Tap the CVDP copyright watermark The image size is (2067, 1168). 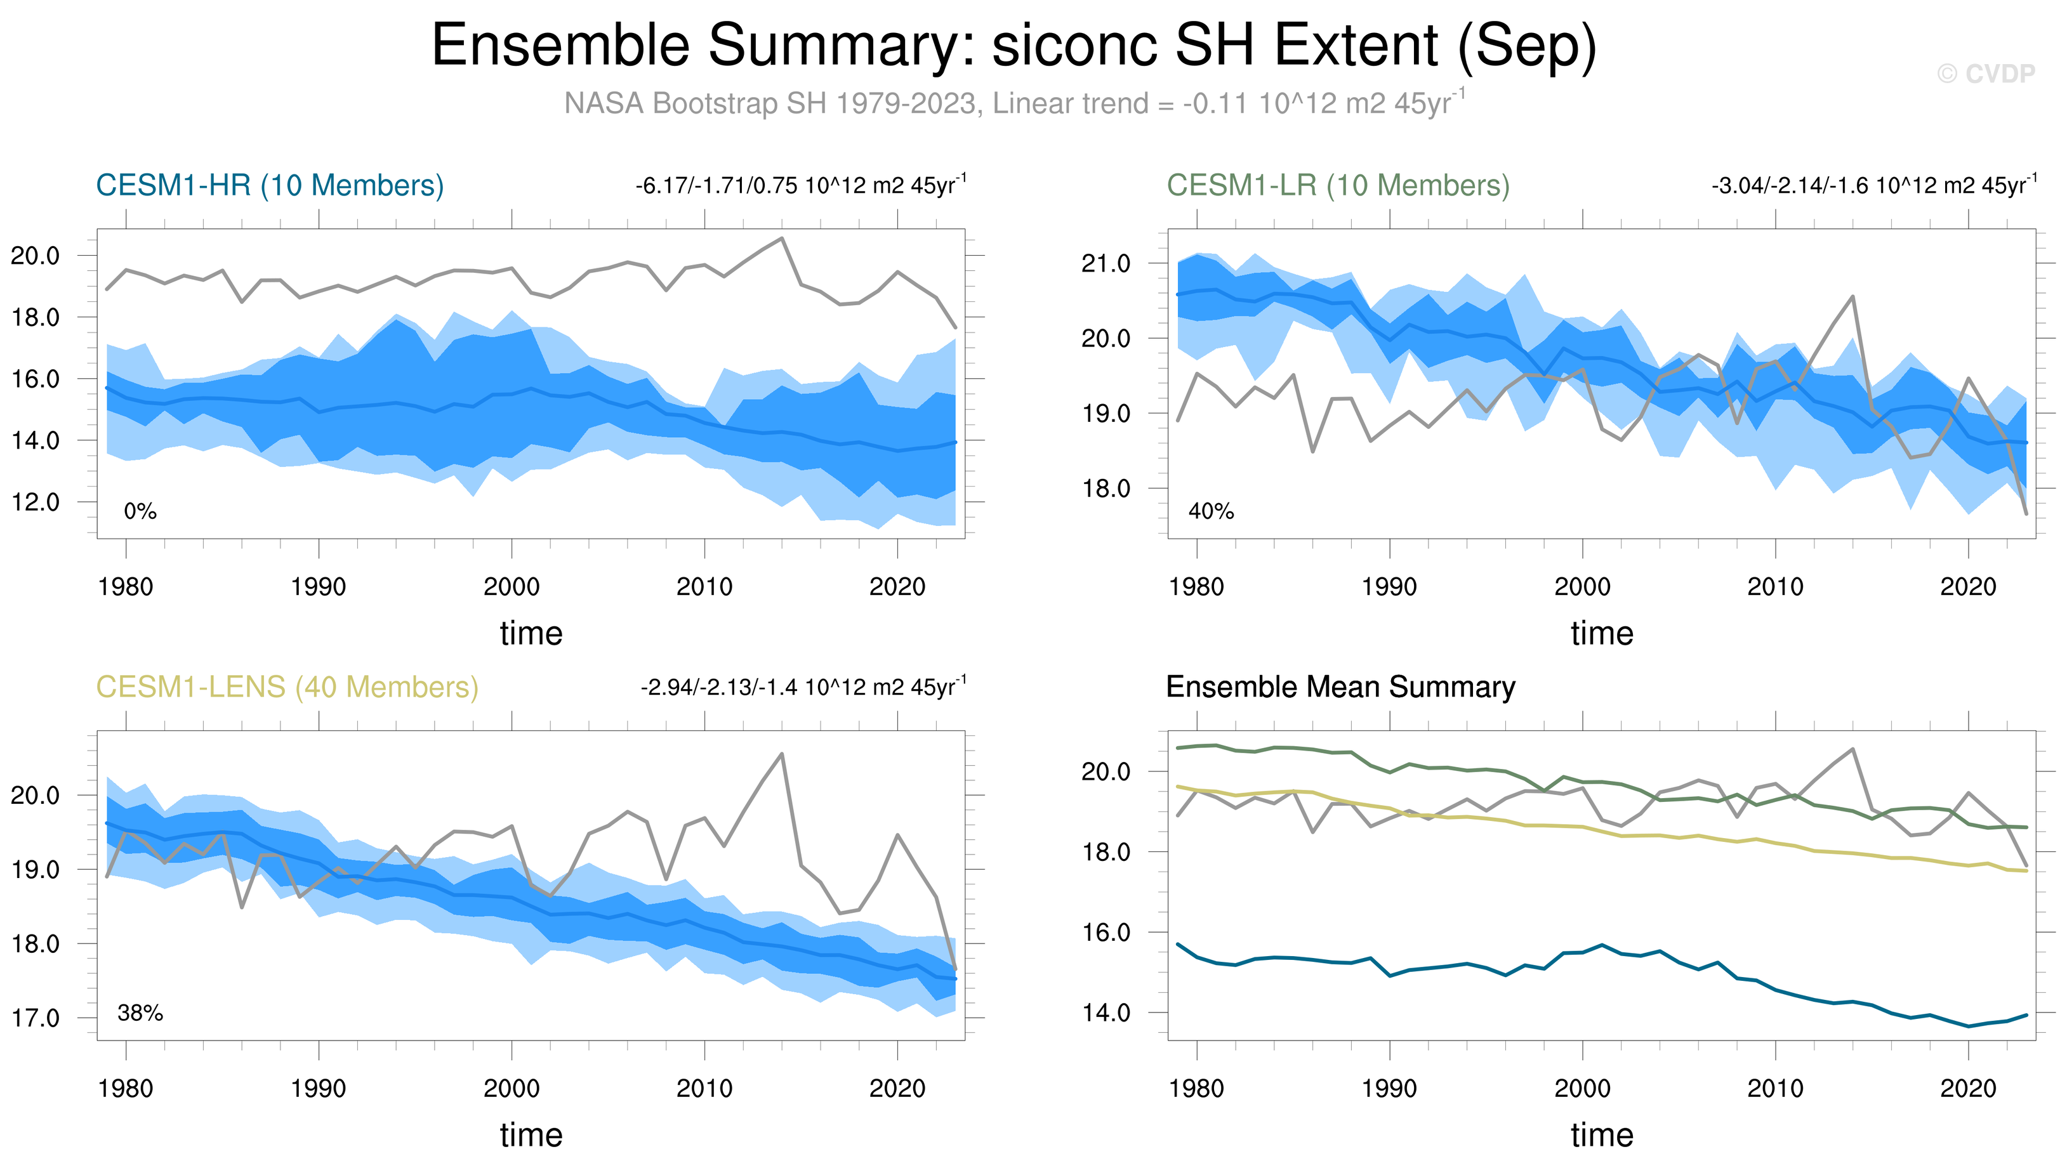pyautogui.click(x=1986, y=74)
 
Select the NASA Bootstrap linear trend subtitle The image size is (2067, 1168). pyautogui.click(x=1014, y=103)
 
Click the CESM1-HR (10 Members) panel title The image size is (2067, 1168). pyautogui.click(x=270, y=185)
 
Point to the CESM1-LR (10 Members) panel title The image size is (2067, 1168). pyautogui.click(x=1338, y=185)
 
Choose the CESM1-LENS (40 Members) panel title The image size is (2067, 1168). pyautogui.click(x=287, y=688)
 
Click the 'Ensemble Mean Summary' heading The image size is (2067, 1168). pyautogui.click(x=1340, y=688)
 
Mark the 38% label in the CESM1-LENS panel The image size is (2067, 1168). pyautogui.click(x=140, y=1014)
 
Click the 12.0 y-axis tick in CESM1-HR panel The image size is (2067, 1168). pyautogui.click(x=36, y=503)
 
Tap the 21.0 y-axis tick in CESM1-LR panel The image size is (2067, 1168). pyautogui.click(x=1106, y=264)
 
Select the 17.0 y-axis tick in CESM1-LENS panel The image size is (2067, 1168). pyautogui.click(x=36, y=1019)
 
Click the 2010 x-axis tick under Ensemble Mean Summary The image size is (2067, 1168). pyautogui.click(x=1775, y=1089)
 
